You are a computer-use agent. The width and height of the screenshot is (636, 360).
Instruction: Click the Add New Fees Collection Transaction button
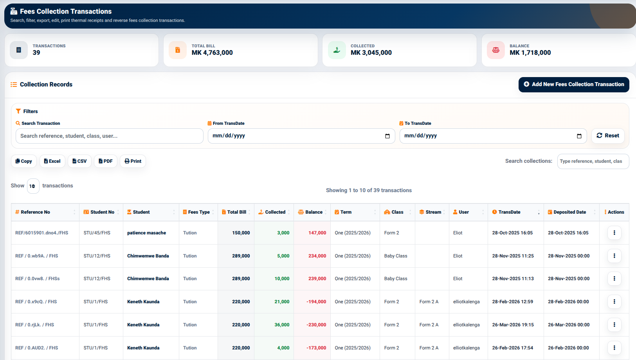pos(573,84)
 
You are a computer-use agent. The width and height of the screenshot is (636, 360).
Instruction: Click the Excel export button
pos(52,161)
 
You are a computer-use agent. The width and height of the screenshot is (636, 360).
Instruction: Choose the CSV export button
pos(79,161)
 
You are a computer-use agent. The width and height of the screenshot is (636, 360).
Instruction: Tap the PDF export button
pos(106,161)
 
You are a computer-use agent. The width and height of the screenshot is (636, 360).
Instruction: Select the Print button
pos(133,161)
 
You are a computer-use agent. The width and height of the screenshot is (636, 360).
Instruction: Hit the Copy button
pos(24,161)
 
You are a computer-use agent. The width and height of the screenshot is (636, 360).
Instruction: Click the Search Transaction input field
pos(110,136)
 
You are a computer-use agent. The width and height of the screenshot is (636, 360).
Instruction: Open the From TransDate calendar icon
pos(387,136)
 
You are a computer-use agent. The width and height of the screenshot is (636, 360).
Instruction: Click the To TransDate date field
pos(493,136)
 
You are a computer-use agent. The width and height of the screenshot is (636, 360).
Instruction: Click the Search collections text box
pos(593,161)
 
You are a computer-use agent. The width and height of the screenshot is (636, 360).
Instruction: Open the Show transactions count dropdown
pos(33,186)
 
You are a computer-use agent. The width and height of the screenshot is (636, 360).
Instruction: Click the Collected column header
pos(274,212)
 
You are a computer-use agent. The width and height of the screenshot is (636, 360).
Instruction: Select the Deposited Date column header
pos(571,212)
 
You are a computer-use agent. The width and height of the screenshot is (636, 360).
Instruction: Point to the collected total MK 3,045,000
pos(371,52)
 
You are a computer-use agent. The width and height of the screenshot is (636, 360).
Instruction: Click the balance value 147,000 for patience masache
pos(317,233)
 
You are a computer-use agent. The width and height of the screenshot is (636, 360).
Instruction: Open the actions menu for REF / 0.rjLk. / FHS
pos(614,325)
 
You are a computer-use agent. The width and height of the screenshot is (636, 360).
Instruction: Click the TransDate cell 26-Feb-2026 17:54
pos(512,348)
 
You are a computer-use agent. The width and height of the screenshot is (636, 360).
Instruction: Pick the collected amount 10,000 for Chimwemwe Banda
pos(282,279)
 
